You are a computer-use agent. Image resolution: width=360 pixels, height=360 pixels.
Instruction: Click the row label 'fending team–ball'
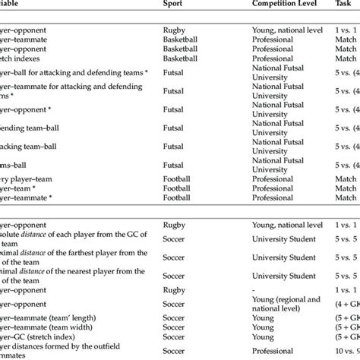[x=34, y=127]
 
